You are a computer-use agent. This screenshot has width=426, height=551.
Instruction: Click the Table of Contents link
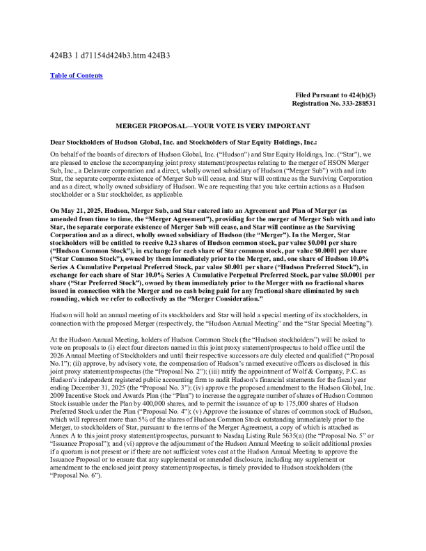point(77,75)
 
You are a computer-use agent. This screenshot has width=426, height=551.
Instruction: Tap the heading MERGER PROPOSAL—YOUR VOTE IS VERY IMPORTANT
point(213,125)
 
